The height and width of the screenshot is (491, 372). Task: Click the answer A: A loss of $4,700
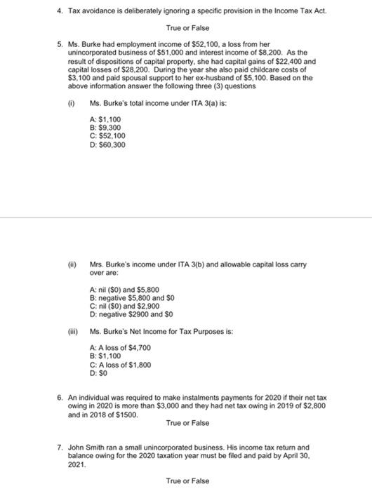pyautogui.click(x=121, y=348)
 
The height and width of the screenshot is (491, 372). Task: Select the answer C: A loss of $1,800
pyautogui.click(x=121, y=365)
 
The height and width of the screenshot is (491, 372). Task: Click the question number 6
pyautogui.click(x=60, y=397)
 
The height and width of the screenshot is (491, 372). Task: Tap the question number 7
pyautogui.click(x=60, y=446)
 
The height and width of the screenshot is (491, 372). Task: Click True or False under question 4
pyautogui.click(x=187, y=28)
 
